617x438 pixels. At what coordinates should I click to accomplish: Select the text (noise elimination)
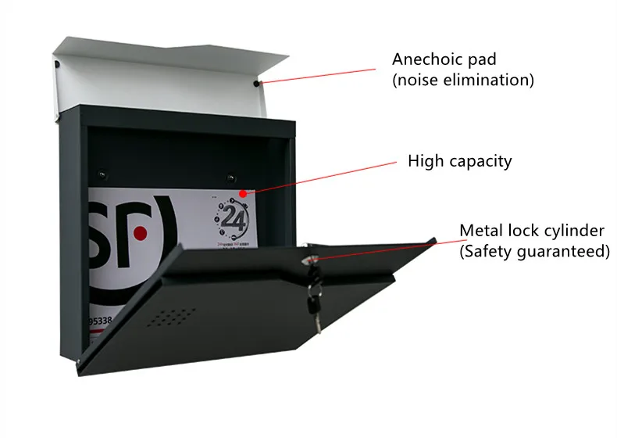click(x=463, y=80)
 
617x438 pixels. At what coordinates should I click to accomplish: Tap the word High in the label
click(x=426, y=162)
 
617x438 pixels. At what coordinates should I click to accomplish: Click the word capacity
click(x=481, y=163)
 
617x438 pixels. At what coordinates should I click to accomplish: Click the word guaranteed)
click(x=565, y=251)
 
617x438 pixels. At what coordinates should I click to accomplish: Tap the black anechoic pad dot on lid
click(x=257, y=82)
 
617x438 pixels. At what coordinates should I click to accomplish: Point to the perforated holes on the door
click(x=173, y=316)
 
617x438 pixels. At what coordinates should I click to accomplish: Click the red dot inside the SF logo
click(x=140, y=233)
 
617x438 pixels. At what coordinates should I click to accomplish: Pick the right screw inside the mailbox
click(x=230, y=177)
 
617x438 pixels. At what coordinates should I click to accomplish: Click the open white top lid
click(x=156, y=78)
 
